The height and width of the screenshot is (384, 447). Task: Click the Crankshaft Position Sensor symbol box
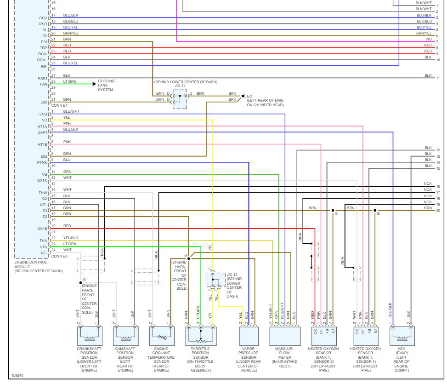click(89, 336)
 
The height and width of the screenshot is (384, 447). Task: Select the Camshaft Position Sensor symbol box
click(125, 336)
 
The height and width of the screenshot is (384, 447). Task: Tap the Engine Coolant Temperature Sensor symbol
click(161, 336)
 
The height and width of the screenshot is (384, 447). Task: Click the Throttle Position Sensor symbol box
click(201, 336)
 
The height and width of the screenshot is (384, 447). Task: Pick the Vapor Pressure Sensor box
click(248, 336)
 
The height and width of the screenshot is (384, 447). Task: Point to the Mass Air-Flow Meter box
click(285, 336)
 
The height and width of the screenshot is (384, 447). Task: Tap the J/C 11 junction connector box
click(180, 99)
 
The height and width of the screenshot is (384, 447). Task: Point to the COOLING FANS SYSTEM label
click(106, 86)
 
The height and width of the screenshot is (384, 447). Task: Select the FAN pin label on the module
click(43, 84)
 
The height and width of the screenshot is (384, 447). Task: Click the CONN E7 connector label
click(59, 105)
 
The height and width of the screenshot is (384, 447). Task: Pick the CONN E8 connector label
click(59, 256)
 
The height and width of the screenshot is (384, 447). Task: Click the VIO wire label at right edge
click(429, 39)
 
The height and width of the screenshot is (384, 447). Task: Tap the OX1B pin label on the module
click(42, 229)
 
